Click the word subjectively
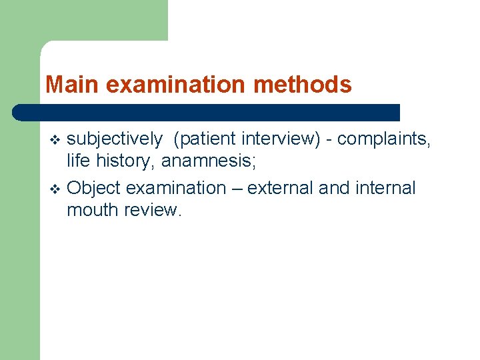pyautogui.click(x=115, y=139)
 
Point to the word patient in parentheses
pyautogui.click(x=208, y=139)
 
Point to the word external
pyautogui.click(x=280, y=188)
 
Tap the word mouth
pyautogui.click(x=89, y=211)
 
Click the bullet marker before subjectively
pyautogui.click(x=55, y=140)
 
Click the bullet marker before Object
pyautogui.click(x=55, y=189)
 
